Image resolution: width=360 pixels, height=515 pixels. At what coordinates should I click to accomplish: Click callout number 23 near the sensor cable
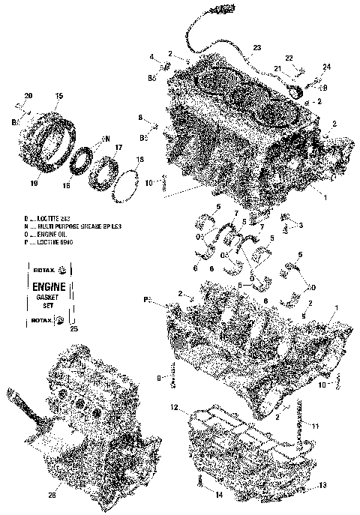tap(256, 48)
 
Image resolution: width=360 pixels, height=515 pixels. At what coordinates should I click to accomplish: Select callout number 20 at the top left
tap(28, 95)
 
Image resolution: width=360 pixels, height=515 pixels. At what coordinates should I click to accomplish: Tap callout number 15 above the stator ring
tap(59, 95)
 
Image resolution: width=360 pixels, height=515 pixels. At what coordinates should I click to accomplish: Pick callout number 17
tap(118, 148)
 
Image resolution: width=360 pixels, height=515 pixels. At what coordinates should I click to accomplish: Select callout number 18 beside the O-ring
tap(139, 160)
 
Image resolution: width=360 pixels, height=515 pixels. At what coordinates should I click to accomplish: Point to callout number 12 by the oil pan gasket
tap(172, 409)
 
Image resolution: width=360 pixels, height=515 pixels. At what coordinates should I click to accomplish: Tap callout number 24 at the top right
tap(326, 67)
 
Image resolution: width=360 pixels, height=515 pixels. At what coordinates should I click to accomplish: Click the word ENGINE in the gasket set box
tap(50, 286)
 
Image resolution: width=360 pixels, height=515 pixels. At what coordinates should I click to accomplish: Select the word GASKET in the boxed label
tap(50, 298)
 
